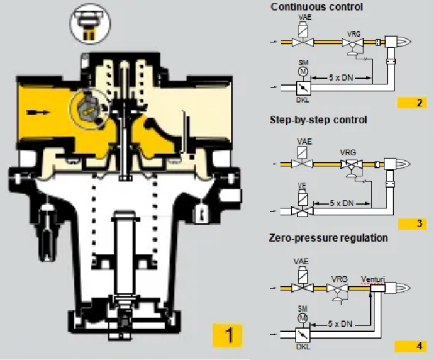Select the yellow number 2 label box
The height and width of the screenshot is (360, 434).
pos(413,103)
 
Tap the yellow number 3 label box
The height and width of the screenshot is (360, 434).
pos(413,223)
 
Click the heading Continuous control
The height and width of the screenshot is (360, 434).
pos(317,8)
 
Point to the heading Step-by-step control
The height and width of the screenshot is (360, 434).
pos(318,120)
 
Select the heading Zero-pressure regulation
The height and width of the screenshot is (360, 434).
pos(328,238)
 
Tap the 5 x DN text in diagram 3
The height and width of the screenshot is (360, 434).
pos(341,203)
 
